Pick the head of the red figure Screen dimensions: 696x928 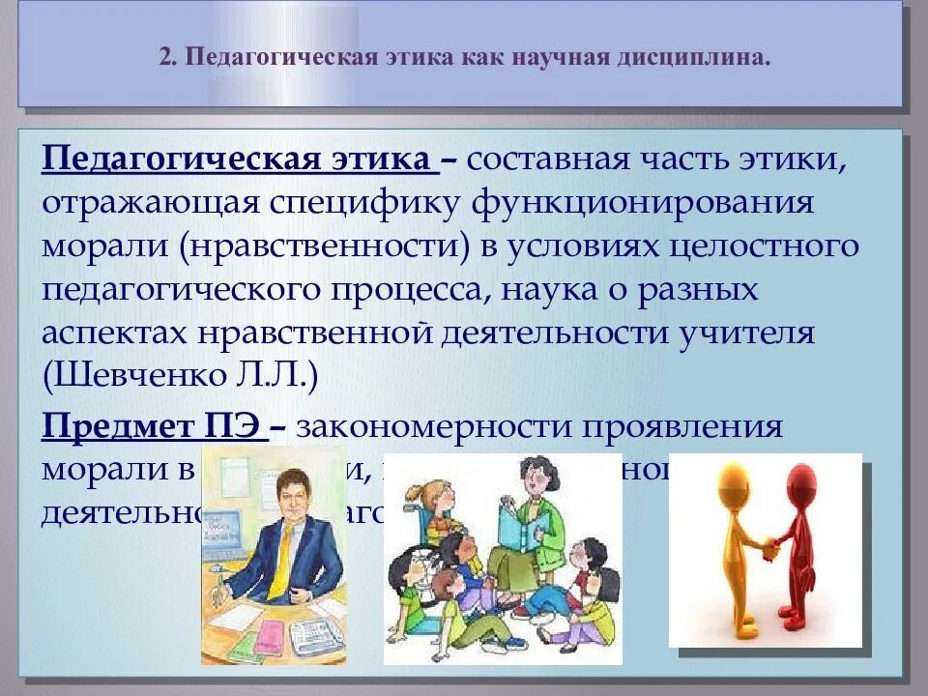point(801,480)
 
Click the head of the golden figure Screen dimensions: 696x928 point(732,480)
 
